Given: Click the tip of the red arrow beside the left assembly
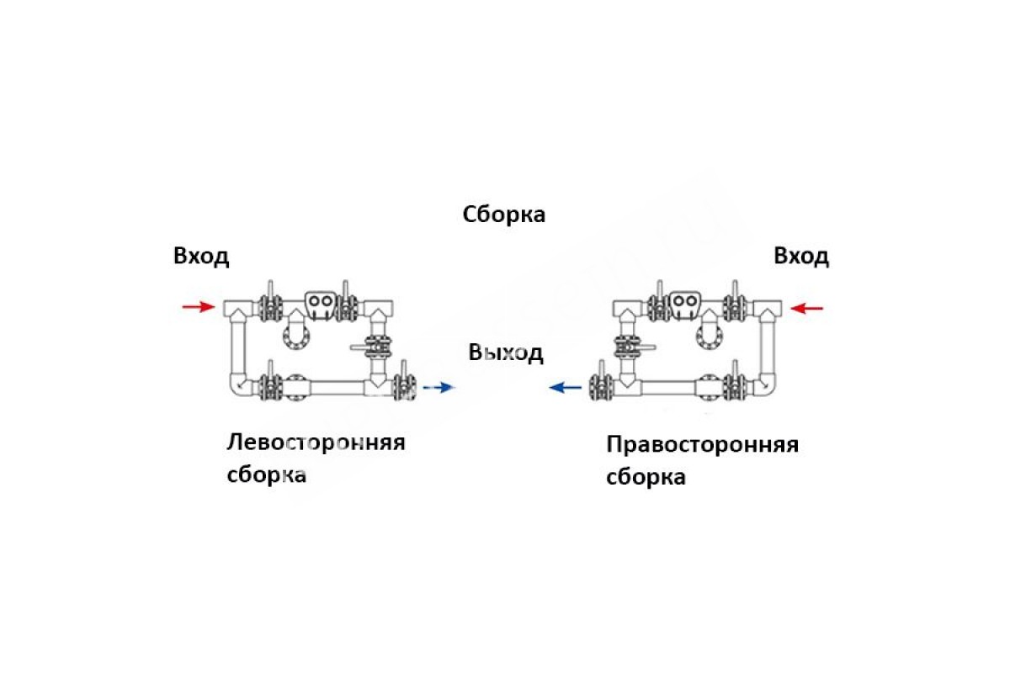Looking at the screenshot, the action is pyautogui.click(x=215, y=307).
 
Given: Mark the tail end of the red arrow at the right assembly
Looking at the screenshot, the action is pyautogui.click(x=823, y=309).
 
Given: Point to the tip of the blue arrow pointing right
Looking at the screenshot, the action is pyautogui.click(x=454, y=387).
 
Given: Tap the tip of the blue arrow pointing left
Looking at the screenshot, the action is pyautogui.click(x=549, y=387).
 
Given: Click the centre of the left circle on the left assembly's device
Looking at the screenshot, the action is pyautogui.click(x=315, y=300).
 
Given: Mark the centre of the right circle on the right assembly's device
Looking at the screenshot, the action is pyautogui.click(x=690, y=300).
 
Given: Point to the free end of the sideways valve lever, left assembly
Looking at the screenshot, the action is pyautogui.click(x=351, y=347).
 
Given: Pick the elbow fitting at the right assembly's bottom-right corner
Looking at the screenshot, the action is pyautogui.click(x=765, y=384).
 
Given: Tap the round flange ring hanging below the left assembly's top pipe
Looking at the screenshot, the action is pyautogui.click(x=296, y=336).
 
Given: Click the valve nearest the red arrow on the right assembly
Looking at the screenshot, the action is pyautogui.click(x=735, y=304).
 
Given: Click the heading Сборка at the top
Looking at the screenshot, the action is pyautogui.click(x=503, y=215).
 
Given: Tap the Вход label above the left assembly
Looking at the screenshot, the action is pyautogui.click(x=201, y=257).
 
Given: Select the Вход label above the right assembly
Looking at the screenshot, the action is pyautogui.click(x=801, y=257).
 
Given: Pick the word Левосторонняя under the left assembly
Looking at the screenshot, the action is pyautogui.click(x=316, y=442).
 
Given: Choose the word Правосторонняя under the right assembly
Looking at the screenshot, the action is pyautogui.click(x=703, y=444).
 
